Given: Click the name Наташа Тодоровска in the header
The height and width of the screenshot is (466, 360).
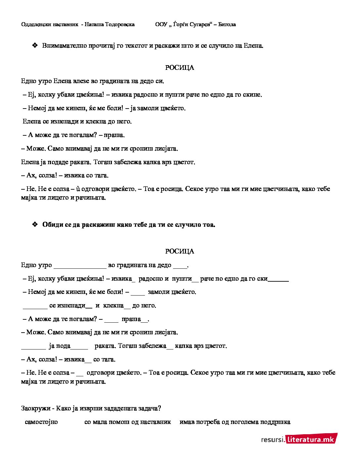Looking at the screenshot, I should point(110,24).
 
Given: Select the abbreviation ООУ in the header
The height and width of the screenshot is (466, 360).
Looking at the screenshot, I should point(161,24).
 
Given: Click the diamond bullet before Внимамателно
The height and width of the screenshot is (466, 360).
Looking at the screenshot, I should point(35,45).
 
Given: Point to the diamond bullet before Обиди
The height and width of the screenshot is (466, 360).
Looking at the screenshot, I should point(35,224).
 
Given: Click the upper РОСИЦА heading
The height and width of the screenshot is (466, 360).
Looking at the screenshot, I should point(180,68).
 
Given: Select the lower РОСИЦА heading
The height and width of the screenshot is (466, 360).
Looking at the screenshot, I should point(180,252).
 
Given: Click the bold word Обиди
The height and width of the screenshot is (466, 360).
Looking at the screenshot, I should point(53,225).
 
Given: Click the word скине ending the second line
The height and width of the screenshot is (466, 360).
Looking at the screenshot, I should point(252,95).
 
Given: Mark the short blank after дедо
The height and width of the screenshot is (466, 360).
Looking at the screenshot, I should point(180,266).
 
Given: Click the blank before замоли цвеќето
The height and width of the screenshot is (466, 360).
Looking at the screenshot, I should point(138,293).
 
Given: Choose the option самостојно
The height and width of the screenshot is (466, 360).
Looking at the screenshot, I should point(41,422).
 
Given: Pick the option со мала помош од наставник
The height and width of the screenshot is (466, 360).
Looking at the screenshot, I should point(128,422).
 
